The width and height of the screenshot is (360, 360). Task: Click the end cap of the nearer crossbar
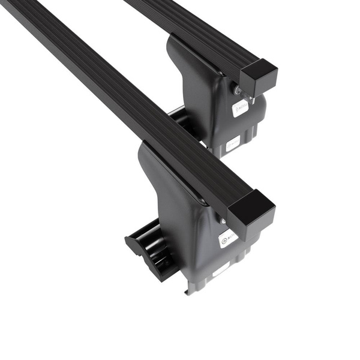[x=252, y=213]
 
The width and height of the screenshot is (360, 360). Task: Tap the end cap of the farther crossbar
[x=259, y=77]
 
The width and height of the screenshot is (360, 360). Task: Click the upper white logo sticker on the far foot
[x=241, y=108]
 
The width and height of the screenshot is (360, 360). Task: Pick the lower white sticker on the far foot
[x=232, y=142]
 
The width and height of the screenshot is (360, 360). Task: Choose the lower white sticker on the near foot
[x=221, y=269]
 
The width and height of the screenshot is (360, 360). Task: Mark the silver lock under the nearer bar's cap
[x=224, y=221]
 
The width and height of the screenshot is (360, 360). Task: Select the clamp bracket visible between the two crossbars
[x=180, y=120]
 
